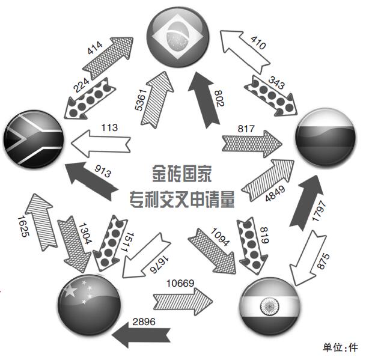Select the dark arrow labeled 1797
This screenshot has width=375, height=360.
pyautogui.click(x=306, y=202)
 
